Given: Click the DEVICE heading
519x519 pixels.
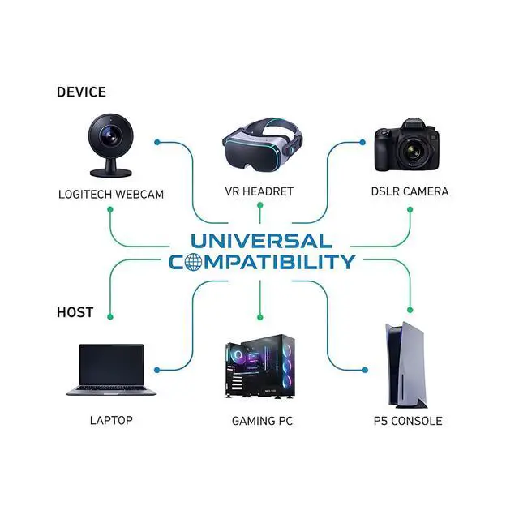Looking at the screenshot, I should point(81,92).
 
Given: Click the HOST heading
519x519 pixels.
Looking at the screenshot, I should point(75,312).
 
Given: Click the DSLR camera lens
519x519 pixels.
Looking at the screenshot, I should point(413,152).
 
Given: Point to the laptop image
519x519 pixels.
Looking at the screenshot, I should point(110,369).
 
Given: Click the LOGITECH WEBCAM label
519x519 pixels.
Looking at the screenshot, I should point(111,195).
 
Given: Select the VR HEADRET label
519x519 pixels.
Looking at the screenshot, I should point(259,192).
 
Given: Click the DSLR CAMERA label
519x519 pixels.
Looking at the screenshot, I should point(409,192).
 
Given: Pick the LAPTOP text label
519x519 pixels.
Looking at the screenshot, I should point(111,421).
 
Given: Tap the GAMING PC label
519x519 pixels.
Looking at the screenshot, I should point(262,422).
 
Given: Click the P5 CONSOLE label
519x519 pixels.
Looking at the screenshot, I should point(408,422).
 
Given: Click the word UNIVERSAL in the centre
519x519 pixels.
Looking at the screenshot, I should point(260,241).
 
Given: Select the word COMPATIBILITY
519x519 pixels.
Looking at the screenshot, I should point(262,262).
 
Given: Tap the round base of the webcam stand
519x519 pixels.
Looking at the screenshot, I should point(111,172).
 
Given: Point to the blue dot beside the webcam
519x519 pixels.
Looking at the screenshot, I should point(157,143).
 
